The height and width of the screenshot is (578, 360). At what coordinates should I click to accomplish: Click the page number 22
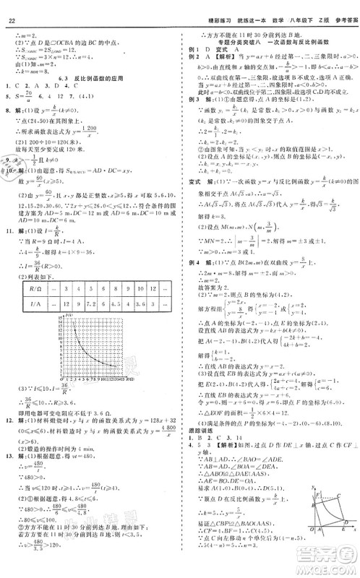click(x=12, y=9)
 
